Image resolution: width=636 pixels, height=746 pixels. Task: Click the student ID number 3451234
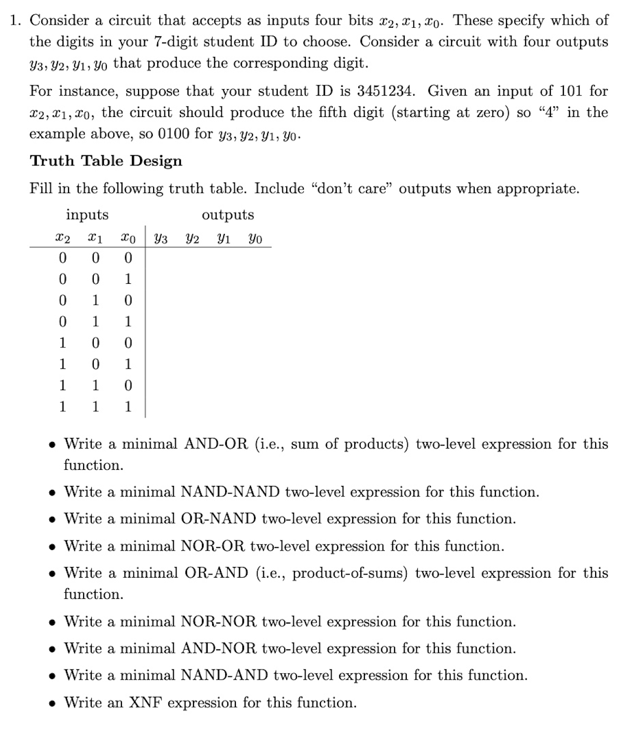pyautogui.click(x=386, y=91)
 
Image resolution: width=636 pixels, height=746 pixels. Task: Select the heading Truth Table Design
pyautogui.click(x=106, y=161)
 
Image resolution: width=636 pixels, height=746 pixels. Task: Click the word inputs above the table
pyautogui.click(x=87, y=215)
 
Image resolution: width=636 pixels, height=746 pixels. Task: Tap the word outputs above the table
pyautogui.click(x=228, y=215)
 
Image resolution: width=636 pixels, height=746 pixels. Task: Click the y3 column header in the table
pyautogui.click(x=161, y=239)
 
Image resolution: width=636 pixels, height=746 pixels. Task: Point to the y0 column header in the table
pyautogui.click(x=255, y=239)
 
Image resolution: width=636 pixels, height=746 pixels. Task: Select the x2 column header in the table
pyautogui.click(x=62, y=239)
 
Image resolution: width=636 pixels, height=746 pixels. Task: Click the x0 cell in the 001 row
pyautogui.click(x=128, y=279)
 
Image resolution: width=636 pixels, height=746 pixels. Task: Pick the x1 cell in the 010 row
pyautogui.click(x=95, y=300)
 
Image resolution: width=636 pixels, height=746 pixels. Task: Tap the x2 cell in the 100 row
pyautogui.click(x=62, y=343)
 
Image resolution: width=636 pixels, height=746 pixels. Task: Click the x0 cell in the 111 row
pyautogui.click(x=128, y=407)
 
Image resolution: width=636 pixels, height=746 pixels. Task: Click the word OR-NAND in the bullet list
pyautogui.click(x=218, y=519)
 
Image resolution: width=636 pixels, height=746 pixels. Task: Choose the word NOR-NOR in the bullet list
pyautogui.click(x=218, y=621)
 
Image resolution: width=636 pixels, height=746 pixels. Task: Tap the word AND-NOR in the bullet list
pyautogui.click(x=218, y=648)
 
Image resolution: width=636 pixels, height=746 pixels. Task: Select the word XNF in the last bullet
pyautogui.click(x=145, y=703)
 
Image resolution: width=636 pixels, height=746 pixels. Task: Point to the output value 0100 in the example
pyautogui.click(x=173, y=134)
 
